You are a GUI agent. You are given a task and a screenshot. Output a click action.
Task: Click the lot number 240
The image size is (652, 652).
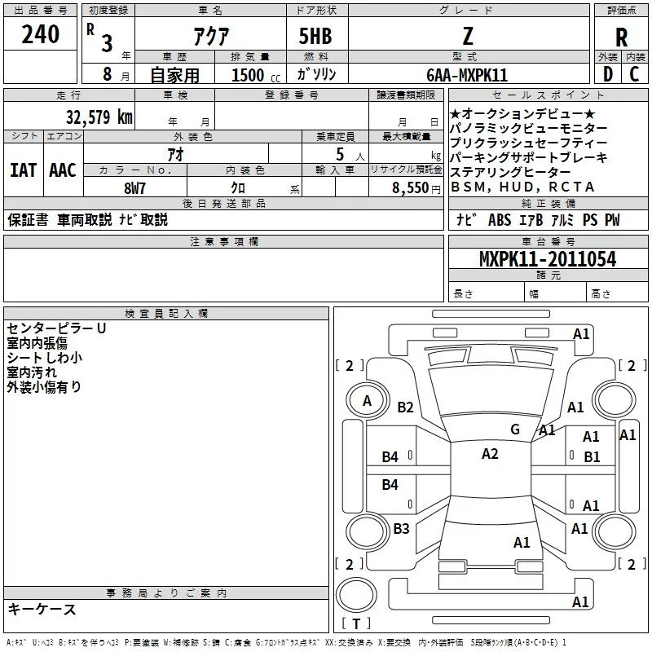(x=41, y=35)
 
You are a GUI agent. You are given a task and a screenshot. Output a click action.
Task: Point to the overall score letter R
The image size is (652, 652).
(x=621, y=37)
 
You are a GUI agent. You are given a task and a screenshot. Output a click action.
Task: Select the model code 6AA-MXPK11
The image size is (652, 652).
(x=467, y=75)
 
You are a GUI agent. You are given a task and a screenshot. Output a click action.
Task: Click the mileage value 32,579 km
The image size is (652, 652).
(x=98, y=117)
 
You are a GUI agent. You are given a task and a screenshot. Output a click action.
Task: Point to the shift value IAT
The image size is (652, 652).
(x=23, y=170)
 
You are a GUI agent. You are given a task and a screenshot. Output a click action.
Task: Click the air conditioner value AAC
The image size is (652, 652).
(x=62, y=170)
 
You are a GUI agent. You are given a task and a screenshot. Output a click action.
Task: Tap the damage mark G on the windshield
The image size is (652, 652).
(x=514, y=429)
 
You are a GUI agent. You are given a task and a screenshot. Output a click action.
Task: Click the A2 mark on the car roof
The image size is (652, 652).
(x=489, y=454)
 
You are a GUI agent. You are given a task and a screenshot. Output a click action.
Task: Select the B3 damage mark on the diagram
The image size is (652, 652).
(x=401, y=529)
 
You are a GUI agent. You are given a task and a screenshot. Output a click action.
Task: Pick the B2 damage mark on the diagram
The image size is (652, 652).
(x=405, y=407)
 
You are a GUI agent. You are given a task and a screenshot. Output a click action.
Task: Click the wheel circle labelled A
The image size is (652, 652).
(x=368, y=400)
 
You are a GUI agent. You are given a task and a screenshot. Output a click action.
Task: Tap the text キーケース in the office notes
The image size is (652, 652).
(x=42, y=609)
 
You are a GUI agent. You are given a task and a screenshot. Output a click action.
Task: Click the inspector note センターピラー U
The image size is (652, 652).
(x=56, y=328)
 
